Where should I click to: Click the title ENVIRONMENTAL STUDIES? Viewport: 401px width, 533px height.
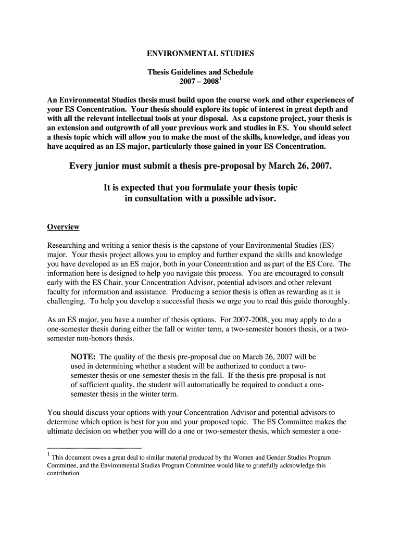(200, 53)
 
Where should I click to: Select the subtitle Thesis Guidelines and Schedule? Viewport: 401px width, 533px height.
(200, 72)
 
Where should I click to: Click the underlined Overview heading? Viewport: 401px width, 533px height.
(63, 227)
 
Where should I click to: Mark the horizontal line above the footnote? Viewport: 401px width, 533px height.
(94, 448)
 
